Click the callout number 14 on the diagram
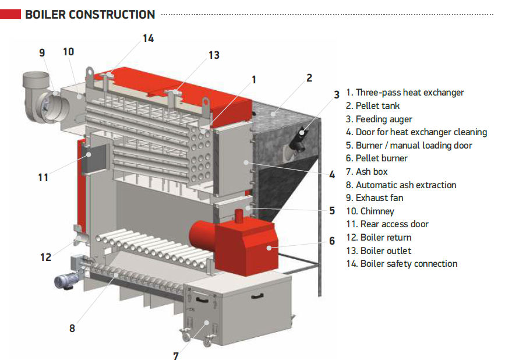148,38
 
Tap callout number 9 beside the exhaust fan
42,53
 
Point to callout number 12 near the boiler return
46,257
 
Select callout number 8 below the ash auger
72,328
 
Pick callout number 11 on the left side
43,177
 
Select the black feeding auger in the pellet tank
301,134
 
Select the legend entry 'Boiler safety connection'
402,264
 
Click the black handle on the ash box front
257,297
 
